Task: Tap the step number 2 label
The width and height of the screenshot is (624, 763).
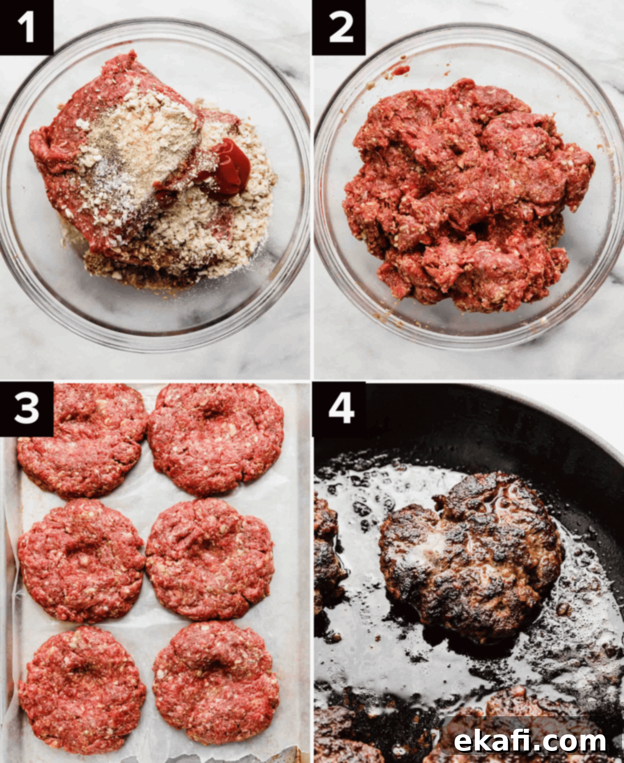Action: tap(339, 28)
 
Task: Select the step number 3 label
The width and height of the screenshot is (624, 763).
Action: tap(26, 409)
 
